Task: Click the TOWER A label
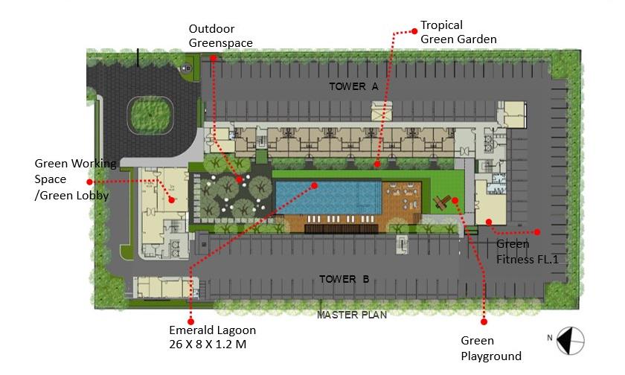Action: tap(353, 86)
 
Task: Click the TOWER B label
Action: tap(344, 279)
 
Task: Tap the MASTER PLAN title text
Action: tap(352, 315)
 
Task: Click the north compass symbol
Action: tap(571, 341)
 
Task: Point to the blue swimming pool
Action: tap(328, 198)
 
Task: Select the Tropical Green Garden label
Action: tap(458, 32)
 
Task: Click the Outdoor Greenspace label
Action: tap(220, 36)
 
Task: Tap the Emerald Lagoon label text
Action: tap(213, 337)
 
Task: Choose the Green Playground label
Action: tap(491, 348)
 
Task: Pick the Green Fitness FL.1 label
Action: tap(528, 251)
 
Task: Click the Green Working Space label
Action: tap(75, 179)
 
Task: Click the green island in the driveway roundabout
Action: tap(150, 115)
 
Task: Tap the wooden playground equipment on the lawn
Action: tap(442, 202)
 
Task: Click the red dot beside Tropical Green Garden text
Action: tap(414, 31)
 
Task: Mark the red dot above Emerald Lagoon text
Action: tap(191, 321)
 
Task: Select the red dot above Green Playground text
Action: tap(484, 321)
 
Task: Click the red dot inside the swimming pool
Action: tap(314, 185)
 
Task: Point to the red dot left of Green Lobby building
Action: tap(90, 182)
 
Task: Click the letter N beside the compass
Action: tap(550, 338)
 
